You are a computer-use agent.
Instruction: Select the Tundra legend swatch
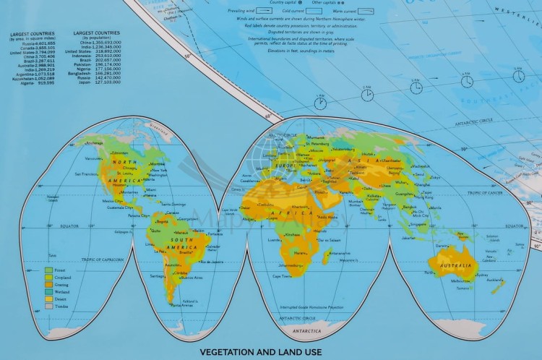coord(49,306)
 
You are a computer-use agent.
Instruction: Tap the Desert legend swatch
coord(49,299)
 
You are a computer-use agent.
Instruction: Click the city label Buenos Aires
coord(191,278)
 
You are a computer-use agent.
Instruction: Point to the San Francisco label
coord(85,173)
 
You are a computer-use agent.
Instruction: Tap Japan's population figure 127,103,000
coord(106,82)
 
